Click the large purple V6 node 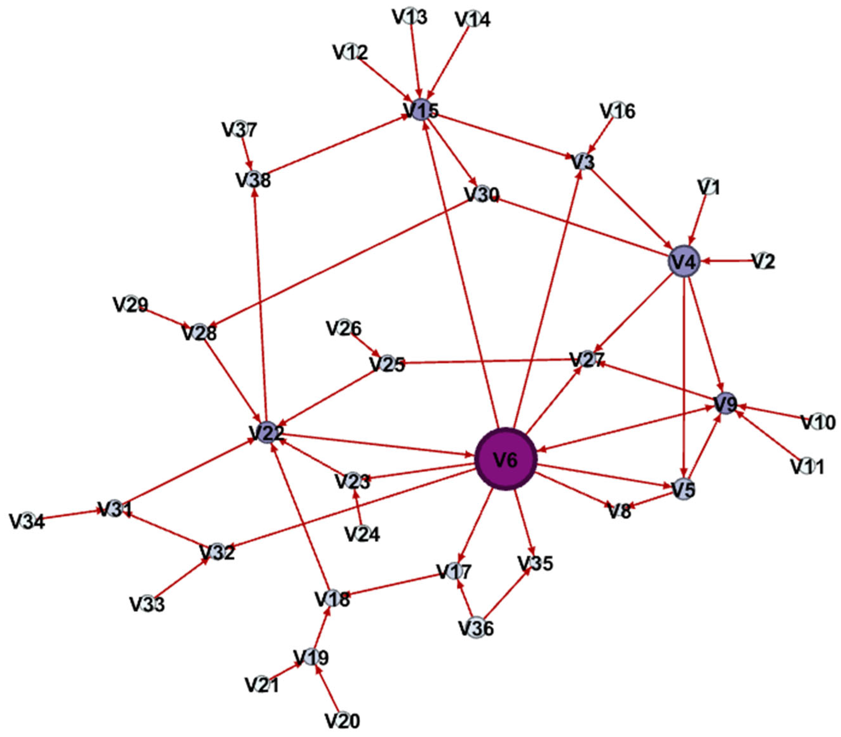click(x=506, y=459)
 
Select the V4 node click(x=683, y=262)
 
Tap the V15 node click(x=421, y=110)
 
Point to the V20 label click(x=342, y=720)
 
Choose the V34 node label click(x=27, y=522)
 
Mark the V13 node click(x=410, y=17)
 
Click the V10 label click(x=818, y=422)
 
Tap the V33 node click(x=147, y=604)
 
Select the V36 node click(x=476, y=628)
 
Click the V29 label click(x=131, y=305)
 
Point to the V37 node click(x=240, y=130)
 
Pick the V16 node click(x=618, y=111)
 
